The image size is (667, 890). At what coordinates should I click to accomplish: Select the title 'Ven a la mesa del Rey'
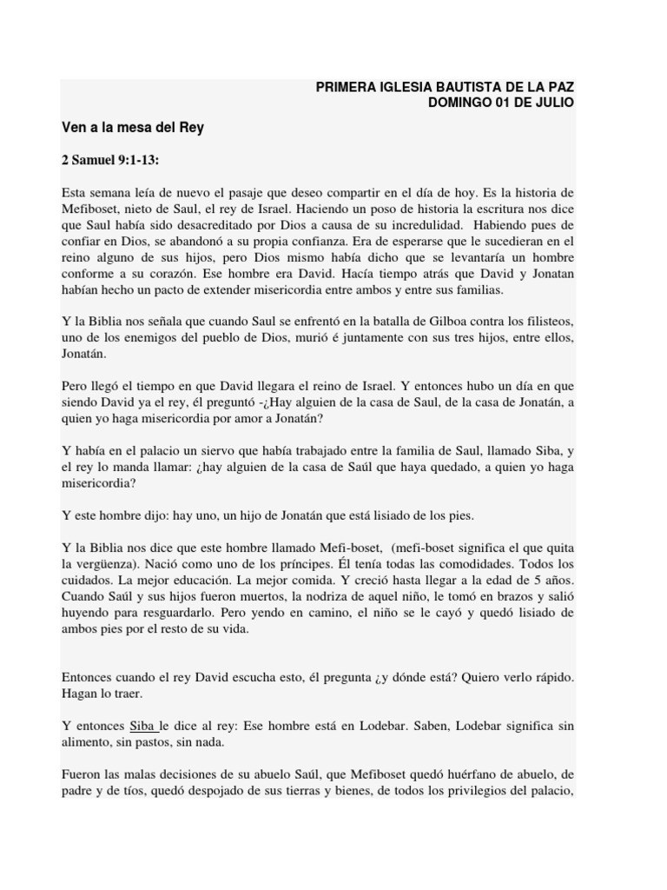132,127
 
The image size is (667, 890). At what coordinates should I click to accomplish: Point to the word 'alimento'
88,741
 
